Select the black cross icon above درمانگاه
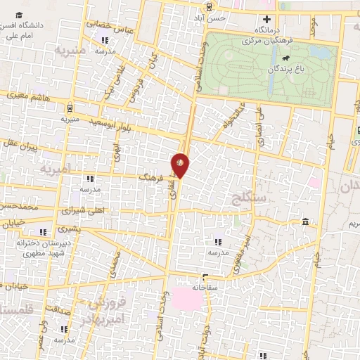[266, 20]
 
